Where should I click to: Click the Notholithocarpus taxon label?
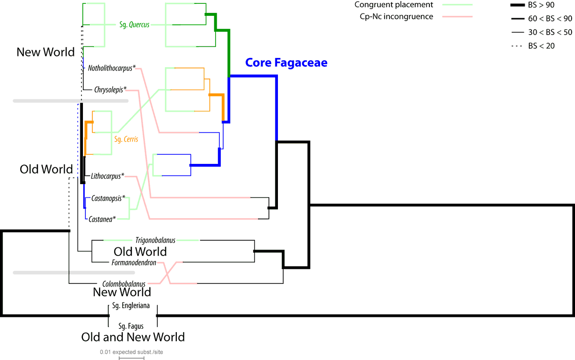coord(112,68)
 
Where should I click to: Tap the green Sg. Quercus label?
coord(134,25)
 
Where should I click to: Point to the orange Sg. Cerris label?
coord(126,139)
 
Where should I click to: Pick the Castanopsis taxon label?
coord(108,197)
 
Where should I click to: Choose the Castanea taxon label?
coord(103,219)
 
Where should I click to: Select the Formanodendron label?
coord(134,262)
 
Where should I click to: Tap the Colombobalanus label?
coord(124,283)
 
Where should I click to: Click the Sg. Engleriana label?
coord(131,305)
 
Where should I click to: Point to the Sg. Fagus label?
coord(131,326)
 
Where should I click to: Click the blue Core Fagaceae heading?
coord(286,63)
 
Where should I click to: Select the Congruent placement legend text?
coord(394,5)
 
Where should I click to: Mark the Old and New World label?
coord(133,337)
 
